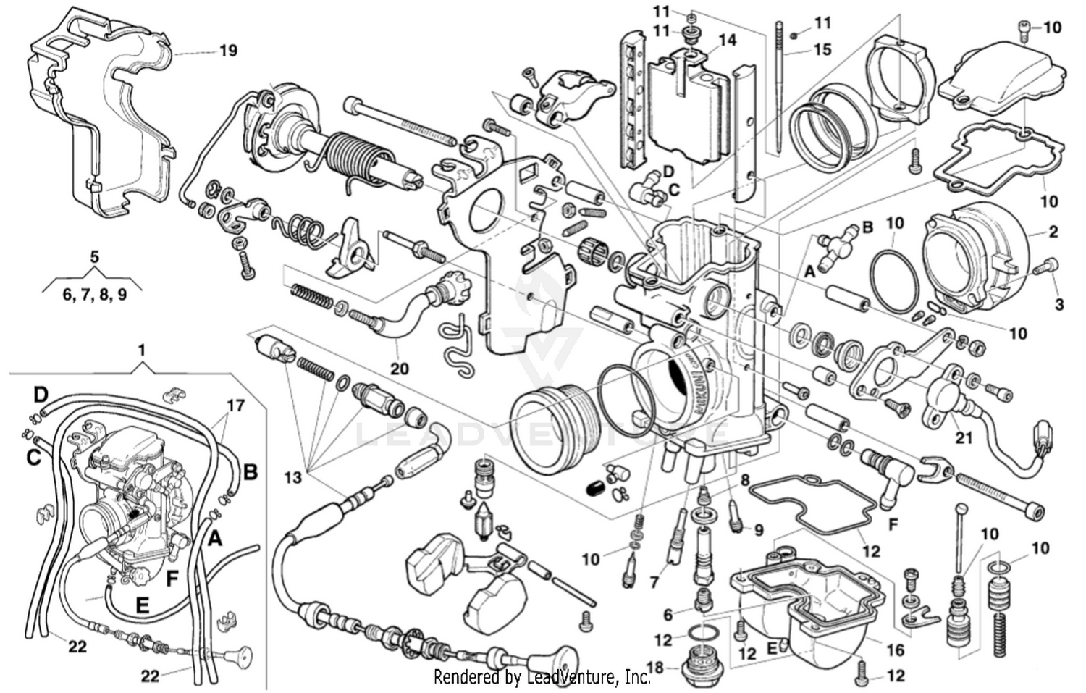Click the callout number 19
(x=228, y=51)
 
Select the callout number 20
(x=400, y=369)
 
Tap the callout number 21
(x=964, y=437)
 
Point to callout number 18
(x=654, y=667)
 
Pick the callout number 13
(x=292, y=478)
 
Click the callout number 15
(x=822, y=49)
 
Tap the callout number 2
(x=1053, y=232)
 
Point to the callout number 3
(x=1059, y=304)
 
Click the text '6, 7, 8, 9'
(x=95, y=295)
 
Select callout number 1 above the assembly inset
(x=142, y=350)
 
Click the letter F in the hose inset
(x=172, y=579)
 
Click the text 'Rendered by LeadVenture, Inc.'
(x=542, y=677)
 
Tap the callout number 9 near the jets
(x=759, y=530)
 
